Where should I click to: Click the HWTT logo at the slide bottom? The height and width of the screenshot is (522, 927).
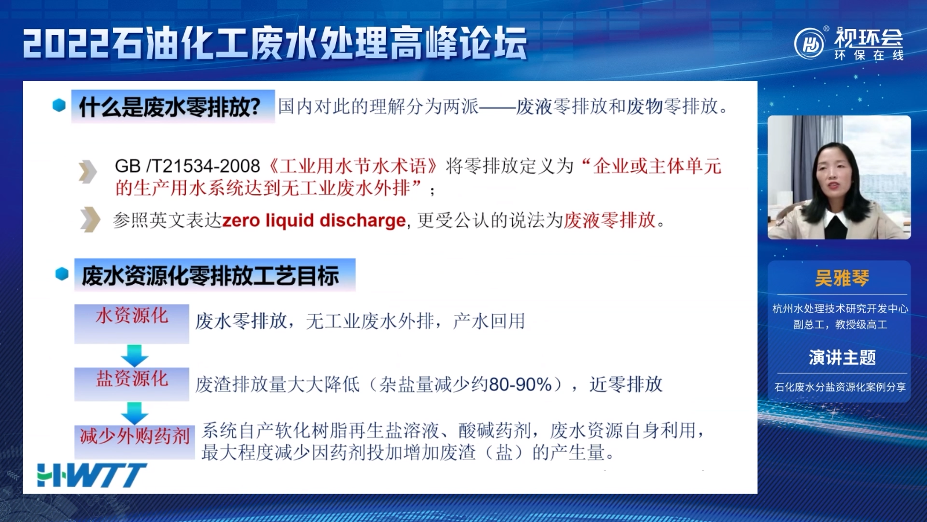92,475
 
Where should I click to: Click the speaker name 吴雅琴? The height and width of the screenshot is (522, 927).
842,278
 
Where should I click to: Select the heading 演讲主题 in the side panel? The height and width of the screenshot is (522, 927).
842,357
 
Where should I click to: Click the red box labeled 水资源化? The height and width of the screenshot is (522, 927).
132,324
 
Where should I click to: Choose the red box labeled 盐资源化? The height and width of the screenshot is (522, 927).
132,384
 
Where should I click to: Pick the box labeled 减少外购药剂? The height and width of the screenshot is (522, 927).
134,441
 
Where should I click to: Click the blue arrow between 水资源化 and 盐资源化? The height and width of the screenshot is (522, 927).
134,356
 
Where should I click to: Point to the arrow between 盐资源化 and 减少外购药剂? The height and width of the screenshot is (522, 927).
134,413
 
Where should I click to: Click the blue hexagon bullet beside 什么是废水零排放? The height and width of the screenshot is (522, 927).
59,106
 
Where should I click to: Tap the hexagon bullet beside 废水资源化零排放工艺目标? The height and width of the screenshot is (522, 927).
62,274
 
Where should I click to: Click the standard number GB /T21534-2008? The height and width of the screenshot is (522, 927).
187,166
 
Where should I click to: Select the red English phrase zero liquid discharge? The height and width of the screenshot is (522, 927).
314,220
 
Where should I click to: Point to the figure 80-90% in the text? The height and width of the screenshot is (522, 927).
521,385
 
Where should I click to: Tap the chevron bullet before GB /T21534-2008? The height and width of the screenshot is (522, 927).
87,172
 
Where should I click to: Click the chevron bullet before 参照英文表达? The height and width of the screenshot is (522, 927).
90,220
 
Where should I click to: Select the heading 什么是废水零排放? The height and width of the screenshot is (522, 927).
170,107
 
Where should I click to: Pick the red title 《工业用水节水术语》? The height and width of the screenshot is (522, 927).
353,166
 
